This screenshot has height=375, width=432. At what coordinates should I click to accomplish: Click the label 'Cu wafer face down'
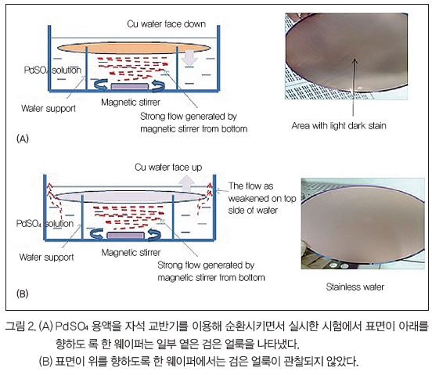tap(167, 24)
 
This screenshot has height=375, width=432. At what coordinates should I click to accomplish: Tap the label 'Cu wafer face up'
tap(168, 168)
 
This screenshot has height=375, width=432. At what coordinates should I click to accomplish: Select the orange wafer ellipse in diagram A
tap(134, 48)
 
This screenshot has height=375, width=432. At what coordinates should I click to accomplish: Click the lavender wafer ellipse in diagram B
tap(130, 197)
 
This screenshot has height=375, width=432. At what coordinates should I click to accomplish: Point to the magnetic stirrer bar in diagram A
tap(129, 87)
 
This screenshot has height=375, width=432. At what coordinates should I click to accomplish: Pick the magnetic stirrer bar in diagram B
tap(126, 236)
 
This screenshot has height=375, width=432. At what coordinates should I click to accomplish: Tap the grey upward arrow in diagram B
tap(186, 184)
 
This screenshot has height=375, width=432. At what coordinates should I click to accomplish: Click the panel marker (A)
tap(23, 139)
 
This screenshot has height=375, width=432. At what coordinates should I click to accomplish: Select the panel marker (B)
tap(23, 294)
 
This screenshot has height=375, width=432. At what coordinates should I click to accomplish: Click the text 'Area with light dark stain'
tap(339, 125)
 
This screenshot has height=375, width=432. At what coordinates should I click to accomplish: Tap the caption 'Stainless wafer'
tap(355, 287)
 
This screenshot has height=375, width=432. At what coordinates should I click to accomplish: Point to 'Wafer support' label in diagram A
tap(49, 108)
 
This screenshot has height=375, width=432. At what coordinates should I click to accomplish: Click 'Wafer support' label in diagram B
tap(46, 257)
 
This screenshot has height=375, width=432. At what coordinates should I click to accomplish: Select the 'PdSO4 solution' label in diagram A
tap(52, 70)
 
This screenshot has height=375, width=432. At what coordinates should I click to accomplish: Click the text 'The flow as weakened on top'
tap(262, 193)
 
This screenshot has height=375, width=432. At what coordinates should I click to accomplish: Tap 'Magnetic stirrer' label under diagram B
tap(131, 252)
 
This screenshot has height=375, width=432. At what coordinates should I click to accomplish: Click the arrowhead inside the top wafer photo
tap(355, 60)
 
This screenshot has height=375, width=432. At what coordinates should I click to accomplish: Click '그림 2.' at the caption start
tap(20, 326)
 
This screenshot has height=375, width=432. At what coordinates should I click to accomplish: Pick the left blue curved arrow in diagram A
tap(100, 85)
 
